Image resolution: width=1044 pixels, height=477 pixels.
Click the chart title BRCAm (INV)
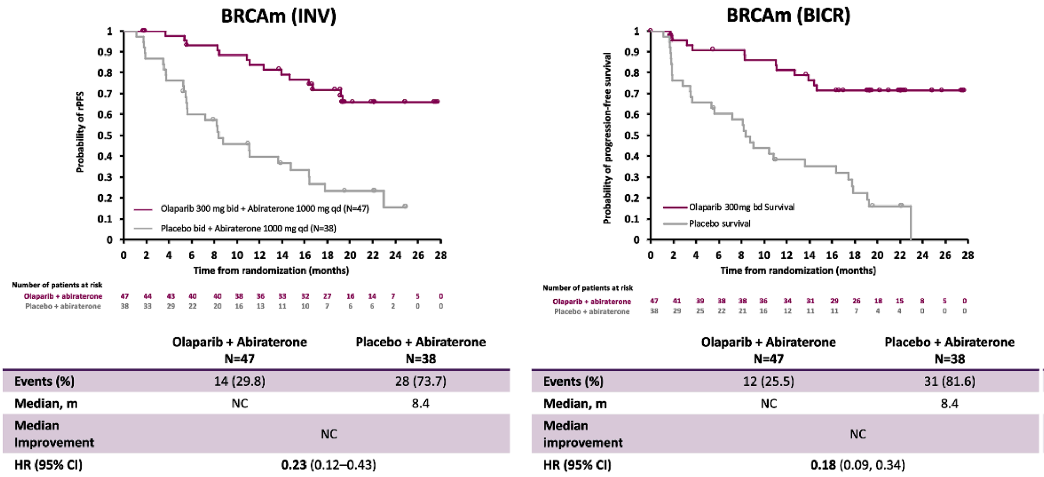[x=278, y=16]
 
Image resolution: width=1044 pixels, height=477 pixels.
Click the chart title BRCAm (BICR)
[x=788, y=15]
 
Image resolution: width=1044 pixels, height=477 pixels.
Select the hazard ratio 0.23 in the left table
[x=294, y=465]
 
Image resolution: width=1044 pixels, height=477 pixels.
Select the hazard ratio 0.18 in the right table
[x=823, y=465]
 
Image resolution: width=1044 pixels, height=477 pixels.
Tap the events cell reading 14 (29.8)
[x=240, y=381]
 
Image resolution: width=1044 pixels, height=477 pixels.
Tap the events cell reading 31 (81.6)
[x=949, y=381]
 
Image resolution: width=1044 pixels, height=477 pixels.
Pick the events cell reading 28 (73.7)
[x=420, y=381]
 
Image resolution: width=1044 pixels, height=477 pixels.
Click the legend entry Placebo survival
[x=719, y=223]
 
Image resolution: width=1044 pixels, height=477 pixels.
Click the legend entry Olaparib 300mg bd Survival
[x=741, y=207]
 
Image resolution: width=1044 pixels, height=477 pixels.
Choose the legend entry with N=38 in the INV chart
[x=248, y=228]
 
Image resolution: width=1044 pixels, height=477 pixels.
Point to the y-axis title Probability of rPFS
[x=80, y=132]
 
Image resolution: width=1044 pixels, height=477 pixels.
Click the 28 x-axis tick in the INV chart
[x=441, y=255]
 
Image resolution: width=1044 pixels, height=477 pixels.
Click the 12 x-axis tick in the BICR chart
[x=786, y=255]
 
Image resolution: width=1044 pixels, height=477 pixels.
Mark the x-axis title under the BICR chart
[x=798, y=271]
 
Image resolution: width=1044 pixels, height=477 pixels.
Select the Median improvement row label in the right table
[x=582, y=434]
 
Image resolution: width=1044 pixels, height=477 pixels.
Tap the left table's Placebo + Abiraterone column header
[x=421, y=342]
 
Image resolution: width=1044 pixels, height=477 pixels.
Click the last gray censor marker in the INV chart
[x=405, y=206]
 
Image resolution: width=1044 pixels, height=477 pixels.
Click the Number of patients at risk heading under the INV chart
[x=57, y=285]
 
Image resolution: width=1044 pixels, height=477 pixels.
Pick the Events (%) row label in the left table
[x=44, y=381]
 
